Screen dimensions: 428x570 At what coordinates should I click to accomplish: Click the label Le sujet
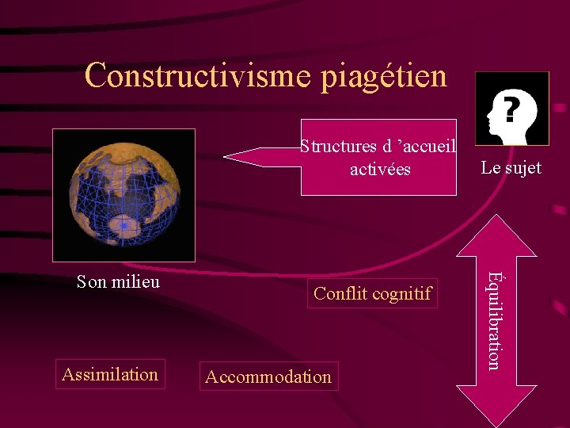pos(511,167)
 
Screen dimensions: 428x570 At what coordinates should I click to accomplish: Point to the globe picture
pos(123,195)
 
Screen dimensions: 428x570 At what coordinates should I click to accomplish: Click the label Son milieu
pos(118,281)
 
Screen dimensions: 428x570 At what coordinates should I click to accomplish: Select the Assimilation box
pos(110,374)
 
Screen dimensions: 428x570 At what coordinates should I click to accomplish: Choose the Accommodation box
pos(268,376)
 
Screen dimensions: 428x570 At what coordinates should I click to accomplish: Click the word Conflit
pos(338,294)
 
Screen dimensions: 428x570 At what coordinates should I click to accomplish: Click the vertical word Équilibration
pos(493,320)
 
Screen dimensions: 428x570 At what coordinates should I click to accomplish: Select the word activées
pos(381,169)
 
